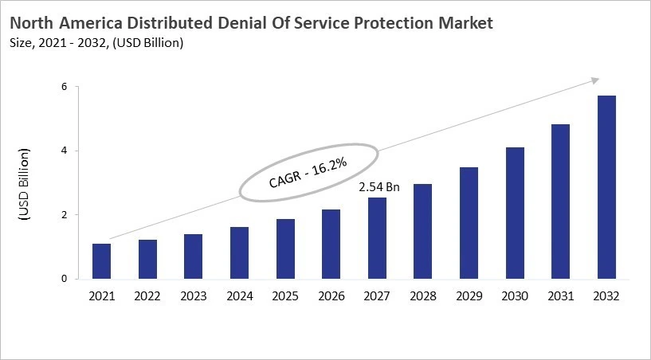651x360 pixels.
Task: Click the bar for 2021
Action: pos(102,261)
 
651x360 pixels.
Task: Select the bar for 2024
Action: pos(239,253)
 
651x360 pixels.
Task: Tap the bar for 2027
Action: pos(377,238)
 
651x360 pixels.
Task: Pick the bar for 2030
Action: pos(515,213)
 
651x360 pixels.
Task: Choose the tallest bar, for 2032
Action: pos(606,187)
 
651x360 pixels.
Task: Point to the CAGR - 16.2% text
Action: pos(308,171)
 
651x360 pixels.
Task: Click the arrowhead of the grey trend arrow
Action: pos(594,80)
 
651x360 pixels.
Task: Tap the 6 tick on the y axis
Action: pos(65,87)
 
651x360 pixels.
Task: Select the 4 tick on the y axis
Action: pos(65,151)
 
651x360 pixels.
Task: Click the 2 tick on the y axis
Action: pos(65,215)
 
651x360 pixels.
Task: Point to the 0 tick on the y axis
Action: pos(65,279)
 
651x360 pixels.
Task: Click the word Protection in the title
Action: pos(390,23)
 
